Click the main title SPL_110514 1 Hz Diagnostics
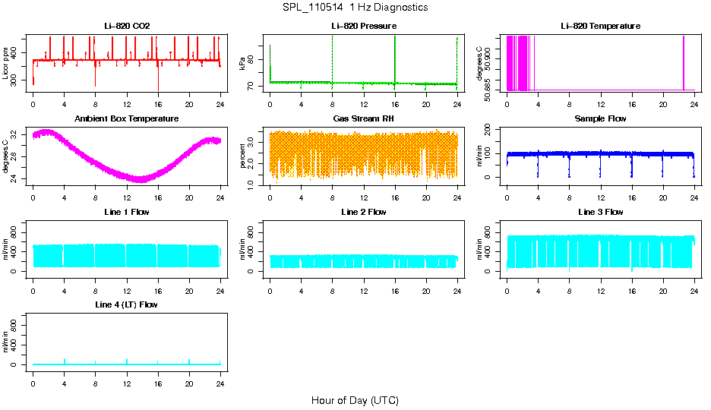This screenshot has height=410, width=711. click(x=355, y=7)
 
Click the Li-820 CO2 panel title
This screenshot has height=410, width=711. click(x=127, y=26)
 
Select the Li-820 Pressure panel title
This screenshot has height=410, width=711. click(x=363, y=26)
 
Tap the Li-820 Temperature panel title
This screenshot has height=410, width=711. click(x=600, y=26)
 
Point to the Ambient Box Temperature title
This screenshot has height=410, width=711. click(x=127, y=118)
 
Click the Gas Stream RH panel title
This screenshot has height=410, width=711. click(x=363, y=118)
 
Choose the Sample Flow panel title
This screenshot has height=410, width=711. click(x=600, y=118)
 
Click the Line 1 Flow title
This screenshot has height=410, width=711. click(x=127, y=212)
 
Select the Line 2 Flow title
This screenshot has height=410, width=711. click(x=363, y=212)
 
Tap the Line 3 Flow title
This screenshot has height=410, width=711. click(x=600, y=212)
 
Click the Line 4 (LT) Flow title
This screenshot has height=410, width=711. click(x=127, y=304)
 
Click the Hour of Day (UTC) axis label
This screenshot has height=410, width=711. click(x=355, y=400)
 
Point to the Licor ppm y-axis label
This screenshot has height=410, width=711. click(x=6, y=63)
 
